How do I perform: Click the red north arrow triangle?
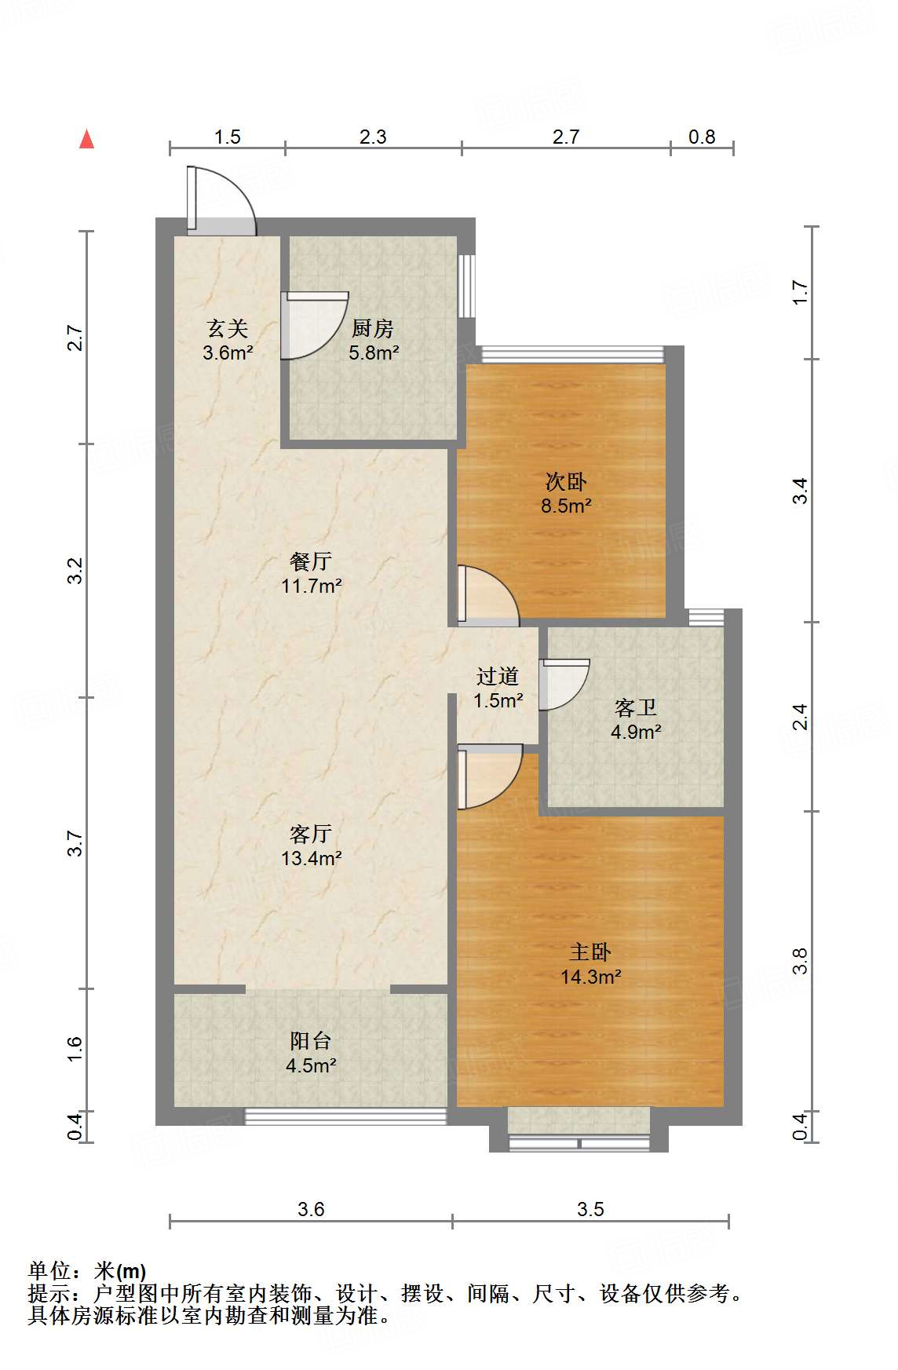87,140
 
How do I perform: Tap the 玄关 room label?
228,328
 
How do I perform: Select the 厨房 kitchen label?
373,328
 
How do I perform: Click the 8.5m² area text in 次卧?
566,506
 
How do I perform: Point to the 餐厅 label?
311,561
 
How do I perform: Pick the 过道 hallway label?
498,676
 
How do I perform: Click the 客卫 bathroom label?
636,708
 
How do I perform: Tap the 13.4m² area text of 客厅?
312,859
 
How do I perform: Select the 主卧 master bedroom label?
590,952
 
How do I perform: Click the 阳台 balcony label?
311,1041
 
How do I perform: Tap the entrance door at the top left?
221,200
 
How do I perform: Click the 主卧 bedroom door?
490,776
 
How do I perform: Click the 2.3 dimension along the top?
373,137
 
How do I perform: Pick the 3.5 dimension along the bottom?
590,1209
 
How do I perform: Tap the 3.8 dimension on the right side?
800,961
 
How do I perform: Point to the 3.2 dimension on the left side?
75,571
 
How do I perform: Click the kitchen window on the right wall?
467,285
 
